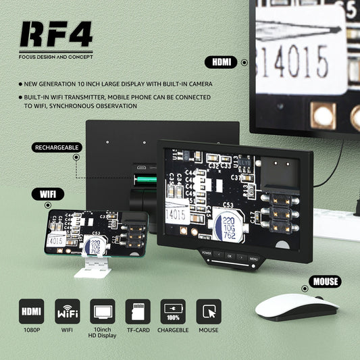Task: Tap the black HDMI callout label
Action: pyautogui.click(x=221, y=61)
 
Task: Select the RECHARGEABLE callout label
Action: pyautogui.click(x=57, y=147)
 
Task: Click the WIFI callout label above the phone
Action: pyautogui.click(x=46, y=195)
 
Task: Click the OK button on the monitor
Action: pyautogui.click(x=228, y=257)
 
